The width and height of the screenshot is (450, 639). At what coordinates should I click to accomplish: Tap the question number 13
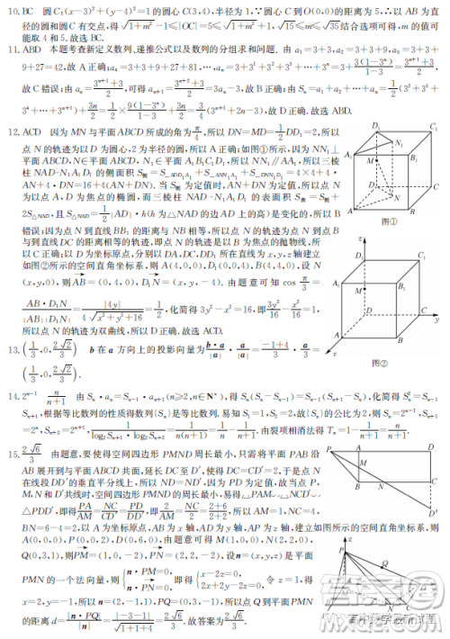pyautogui.click(x=13, y=349)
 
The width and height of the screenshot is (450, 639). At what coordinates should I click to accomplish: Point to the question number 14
pyautogui.click(x=13, y=397)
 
